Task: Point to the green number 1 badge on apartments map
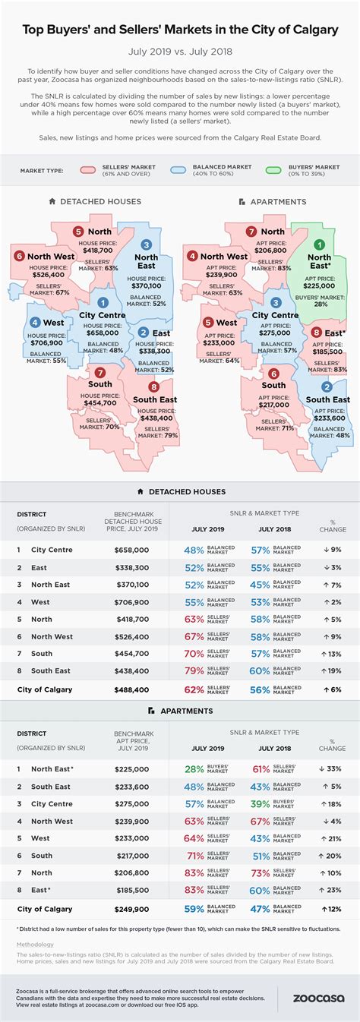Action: (x=321, y=245)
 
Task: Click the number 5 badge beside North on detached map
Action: (x=78, y=232)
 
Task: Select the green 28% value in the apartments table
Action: (x=194, y=768)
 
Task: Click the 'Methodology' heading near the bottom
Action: (x=36, y=945)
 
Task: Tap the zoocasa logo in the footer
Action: (x=311, y=998)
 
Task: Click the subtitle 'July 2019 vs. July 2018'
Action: (x=180, y=52)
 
